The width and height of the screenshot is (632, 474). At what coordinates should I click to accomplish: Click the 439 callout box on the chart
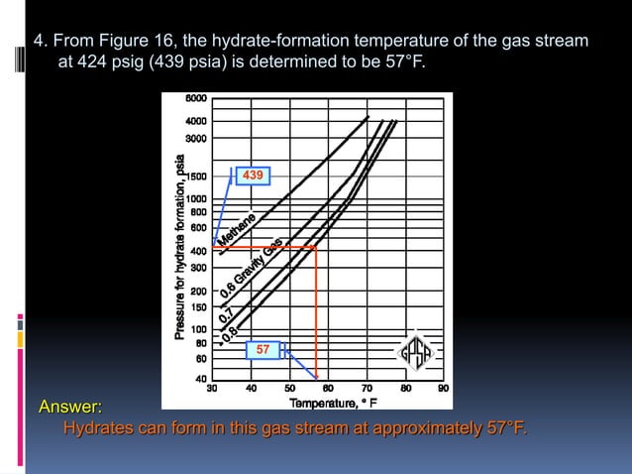pyautogui.click(x=253, y=176)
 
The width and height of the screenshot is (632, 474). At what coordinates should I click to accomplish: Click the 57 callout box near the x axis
pyautogui.click(x=262, y=350)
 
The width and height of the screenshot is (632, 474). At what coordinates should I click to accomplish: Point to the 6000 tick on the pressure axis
pyautogui.click(x=195, y=99)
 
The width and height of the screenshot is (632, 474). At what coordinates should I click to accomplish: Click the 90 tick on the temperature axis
pyautogui.click(x=443, y=389)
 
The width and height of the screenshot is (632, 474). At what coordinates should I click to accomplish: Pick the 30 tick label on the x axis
pyautogui.click(x=211, y=389)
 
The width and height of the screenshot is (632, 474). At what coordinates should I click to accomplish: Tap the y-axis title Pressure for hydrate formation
pyautogui.click(x=180, y=248)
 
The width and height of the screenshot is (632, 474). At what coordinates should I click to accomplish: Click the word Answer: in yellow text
pyautogui.click(x=69, y=408)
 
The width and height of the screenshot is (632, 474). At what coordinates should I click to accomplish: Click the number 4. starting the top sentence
pyautogui.click(x=41, y=42)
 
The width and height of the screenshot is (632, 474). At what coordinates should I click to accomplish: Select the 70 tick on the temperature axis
pyautogui.click(x=367, y=389)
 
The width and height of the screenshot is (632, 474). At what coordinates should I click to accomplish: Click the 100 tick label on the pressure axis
pyautogui.click(x=197, y=329)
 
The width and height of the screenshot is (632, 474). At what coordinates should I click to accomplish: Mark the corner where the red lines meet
pyautogui.click(x=316, y=247)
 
